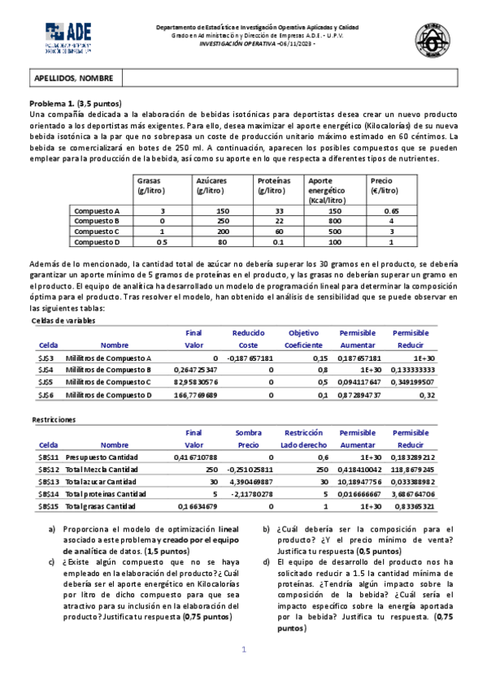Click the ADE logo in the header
point(68,37)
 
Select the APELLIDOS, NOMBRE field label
point(63,78)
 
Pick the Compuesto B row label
point(97,220)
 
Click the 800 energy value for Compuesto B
point(335,220)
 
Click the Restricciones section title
point(54,420)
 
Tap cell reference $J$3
point(46,358)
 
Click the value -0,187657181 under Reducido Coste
point(252,358)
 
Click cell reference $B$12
point(48,470)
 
